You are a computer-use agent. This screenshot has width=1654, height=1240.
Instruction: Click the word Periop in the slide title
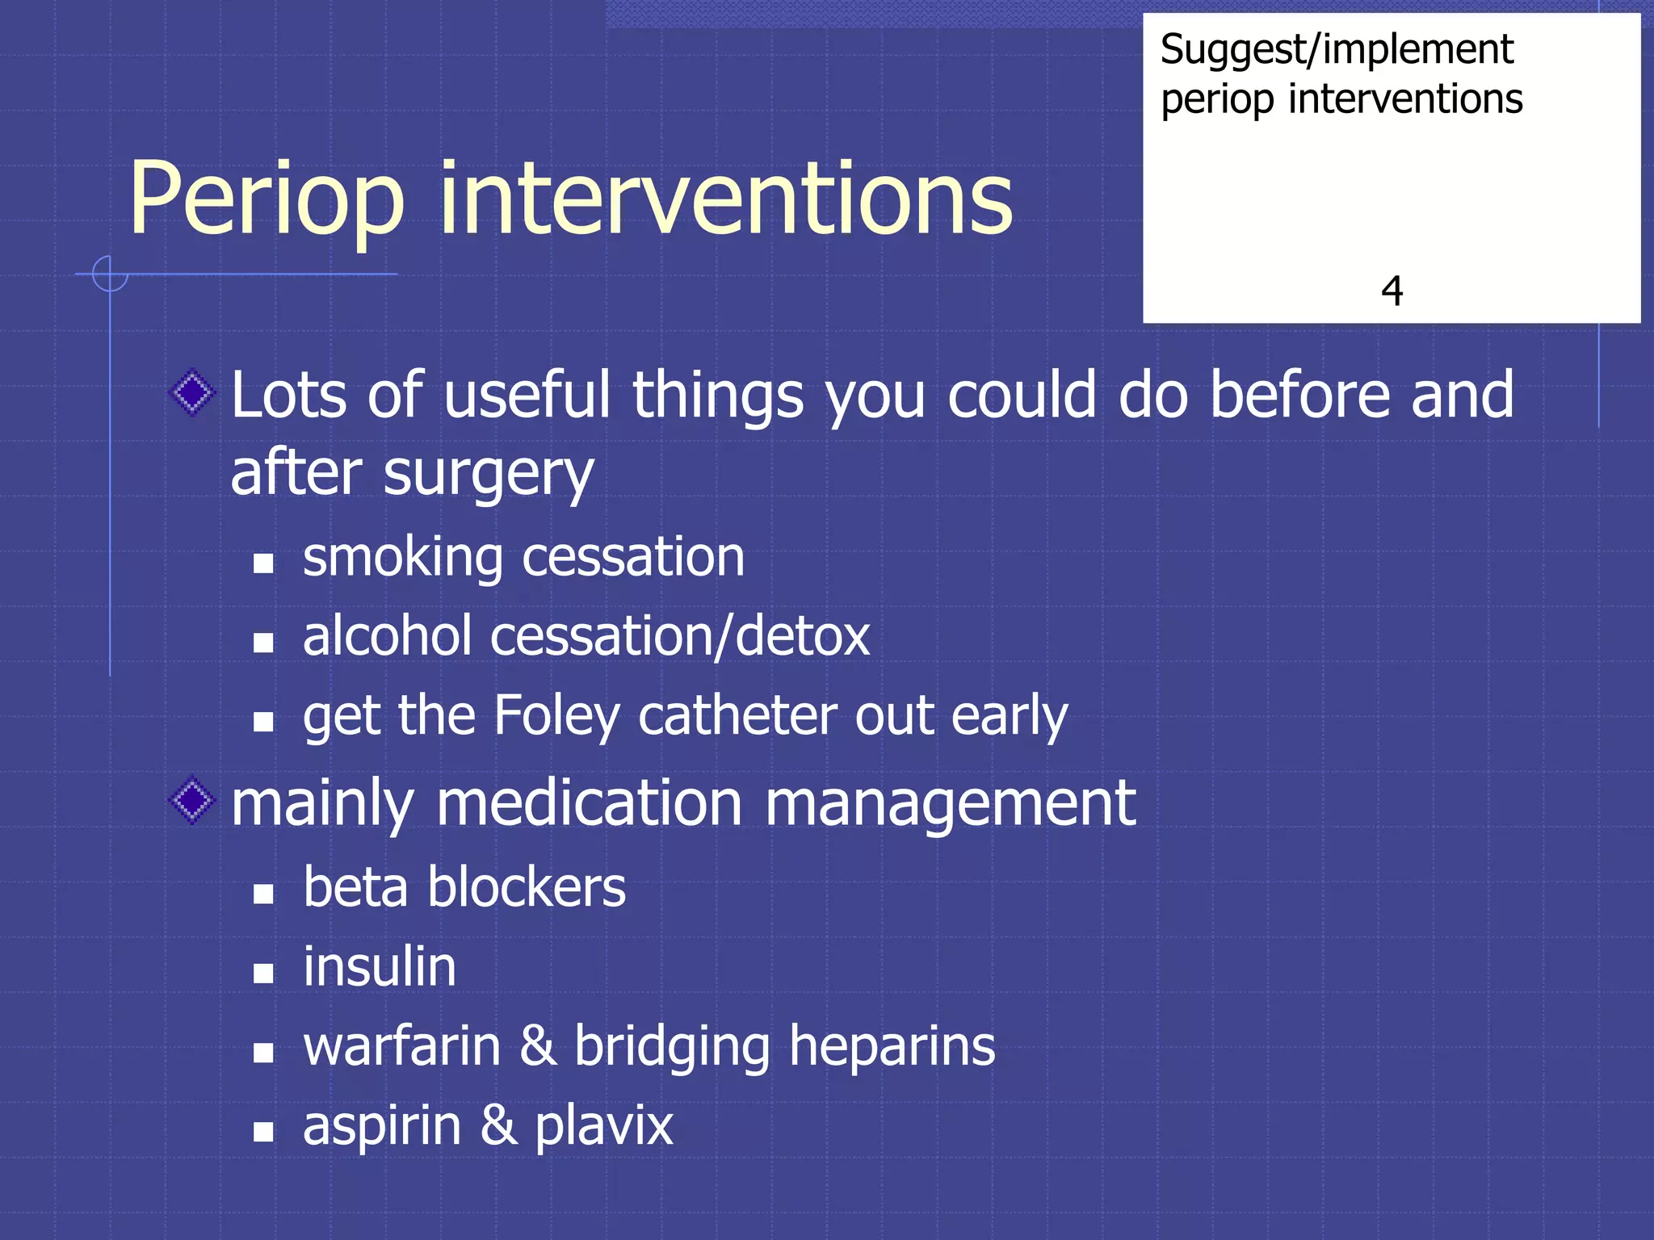click(x=267, y=200)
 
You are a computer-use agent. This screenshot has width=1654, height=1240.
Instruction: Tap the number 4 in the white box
click(x=1392, y=291)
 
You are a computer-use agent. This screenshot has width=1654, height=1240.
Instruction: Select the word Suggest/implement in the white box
click(x=1337, y=50)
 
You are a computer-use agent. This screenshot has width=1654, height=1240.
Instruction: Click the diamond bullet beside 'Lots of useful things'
click(x=193, y=393)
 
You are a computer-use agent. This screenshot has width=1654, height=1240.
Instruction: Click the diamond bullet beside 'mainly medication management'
click(x=193, y=801)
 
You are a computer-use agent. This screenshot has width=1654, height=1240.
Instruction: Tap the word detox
click(x=803, y=636)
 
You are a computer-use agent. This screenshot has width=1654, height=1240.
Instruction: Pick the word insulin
click(x=380, y=967)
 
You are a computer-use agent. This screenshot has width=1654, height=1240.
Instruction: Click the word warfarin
click(x=402, y=1046)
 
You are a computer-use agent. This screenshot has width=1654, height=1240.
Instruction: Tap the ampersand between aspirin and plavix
click(x=498, y=1125)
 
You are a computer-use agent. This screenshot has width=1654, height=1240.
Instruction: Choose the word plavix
click(x=604, y=1127)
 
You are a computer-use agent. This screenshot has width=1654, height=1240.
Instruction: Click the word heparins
click(x=892, y=1047)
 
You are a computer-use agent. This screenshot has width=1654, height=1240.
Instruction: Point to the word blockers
click(x=527, y=888)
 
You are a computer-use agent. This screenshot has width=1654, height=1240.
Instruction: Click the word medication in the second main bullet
click(x=590, y=804)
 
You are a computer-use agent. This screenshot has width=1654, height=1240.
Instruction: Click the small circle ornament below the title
click(x=109, y=274)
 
